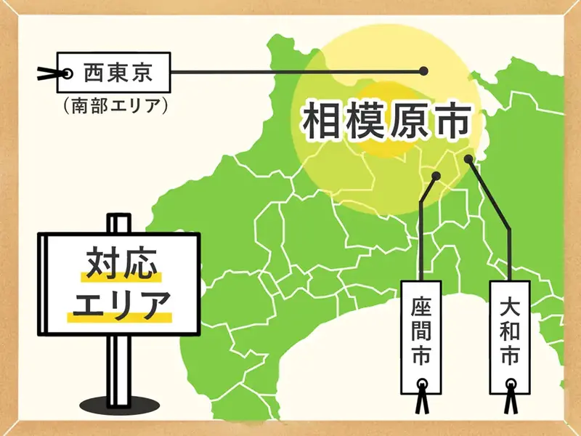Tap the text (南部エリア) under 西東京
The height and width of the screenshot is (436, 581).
click(116, 105)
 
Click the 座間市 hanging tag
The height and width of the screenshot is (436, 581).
click(421, 334)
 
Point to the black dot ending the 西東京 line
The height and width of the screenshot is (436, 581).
click(424, 71)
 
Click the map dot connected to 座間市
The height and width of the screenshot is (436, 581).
click(436, 177)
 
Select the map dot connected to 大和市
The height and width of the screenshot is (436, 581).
click(470, 158)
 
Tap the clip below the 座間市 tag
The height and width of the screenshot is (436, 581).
click(421, 401)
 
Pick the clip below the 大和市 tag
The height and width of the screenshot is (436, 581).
click(511, 399)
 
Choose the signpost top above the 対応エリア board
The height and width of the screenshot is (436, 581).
click(118, 222)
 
